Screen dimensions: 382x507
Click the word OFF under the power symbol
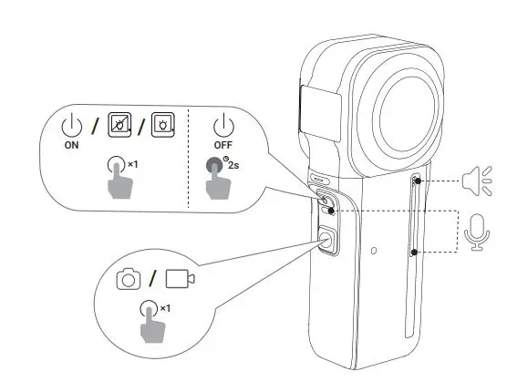click(221, 142)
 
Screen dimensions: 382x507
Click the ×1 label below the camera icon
click(164, 309)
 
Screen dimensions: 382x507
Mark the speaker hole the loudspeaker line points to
click(416, 181)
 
